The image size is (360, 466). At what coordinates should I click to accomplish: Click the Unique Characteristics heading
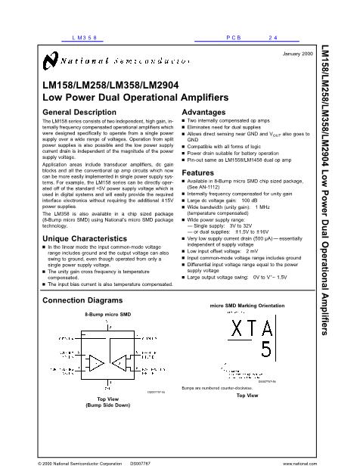pos(84,239)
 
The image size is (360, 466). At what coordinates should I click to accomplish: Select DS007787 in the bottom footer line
pos(141,460)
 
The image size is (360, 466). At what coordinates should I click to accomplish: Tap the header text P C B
pos(233,36)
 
